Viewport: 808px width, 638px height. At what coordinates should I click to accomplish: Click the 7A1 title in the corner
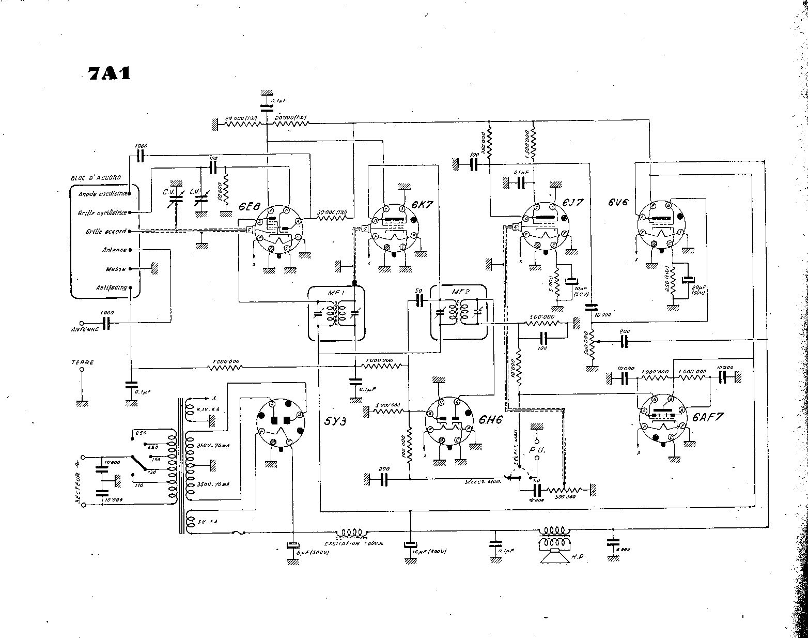[108, 73]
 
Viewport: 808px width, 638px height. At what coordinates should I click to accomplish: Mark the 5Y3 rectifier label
[337, 420]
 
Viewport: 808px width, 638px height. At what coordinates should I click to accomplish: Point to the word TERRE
[83, 362]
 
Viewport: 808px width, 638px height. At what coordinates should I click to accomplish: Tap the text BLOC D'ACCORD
[95, 177]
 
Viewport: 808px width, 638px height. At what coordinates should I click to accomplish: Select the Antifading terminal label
[112, 287]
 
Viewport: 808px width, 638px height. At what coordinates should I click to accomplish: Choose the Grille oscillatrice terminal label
[103, 212]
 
